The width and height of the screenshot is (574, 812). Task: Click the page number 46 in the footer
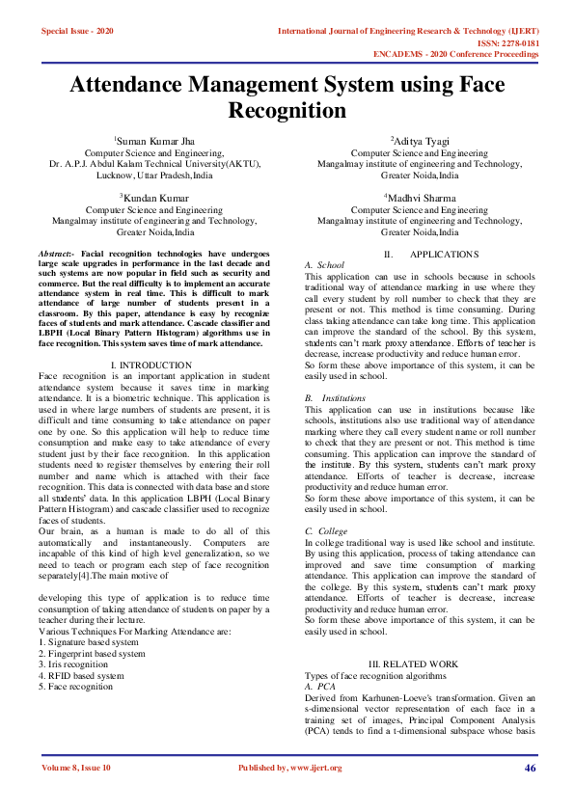530,768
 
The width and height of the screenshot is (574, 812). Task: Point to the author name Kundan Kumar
155,197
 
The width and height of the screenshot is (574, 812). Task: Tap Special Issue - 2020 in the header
77,32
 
